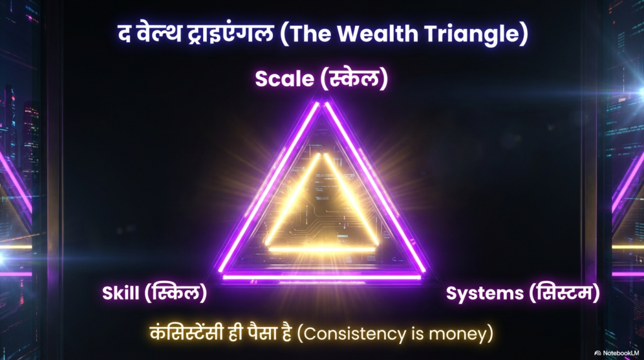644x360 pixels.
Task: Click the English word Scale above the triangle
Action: click(x=284, y=78)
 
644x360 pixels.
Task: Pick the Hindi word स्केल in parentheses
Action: click(x=353, y=78)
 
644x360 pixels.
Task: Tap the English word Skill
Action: click(x=120, y=293)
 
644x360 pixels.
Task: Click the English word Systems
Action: click(x=485, y=293)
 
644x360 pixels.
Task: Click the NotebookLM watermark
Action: click(x=617, y=353)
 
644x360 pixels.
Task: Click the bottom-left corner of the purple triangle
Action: click(x=220, y=276)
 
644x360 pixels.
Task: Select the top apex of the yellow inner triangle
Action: click(x=322, y=154)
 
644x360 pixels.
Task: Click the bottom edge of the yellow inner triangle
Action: click(x=322, y=249)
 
